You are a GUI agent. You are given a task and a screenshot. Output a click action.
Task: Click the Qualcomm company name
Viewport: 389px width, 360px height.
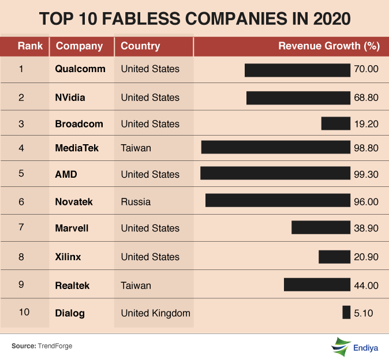point(80,69)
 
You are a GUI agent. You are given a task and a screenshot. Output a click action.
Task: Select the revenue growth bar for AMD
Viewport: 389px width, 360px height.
point(275,174)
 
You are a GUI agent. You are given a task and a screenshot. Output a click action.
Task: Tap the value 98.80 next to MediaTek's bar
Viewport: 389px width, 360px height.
point(365,148)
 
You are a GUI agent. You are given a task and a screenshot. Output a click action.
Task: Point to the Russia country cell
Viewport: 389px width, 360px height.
point(136,202)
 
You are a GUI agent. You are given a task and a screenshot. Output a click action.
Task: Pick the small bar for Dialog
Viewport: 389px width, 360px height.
point(346,313)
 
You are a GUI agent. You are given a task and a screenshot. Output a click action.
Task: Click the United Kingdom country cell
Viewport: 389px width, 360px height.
point(155,313)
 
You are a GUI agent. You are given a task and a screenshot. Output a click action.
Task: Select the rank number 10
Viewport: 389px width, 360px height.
point(24,313)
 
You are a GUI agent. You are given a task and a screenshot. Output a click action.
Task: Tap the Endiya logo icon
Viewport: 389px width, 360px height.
point(341,347)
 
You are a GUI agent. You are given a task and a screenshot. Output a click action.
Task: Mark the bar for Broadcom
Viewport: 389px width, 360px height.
point(336,123)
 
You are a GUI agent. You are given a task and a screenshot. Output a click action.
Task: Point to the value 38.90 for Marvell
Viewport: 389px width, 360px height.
point(365,228)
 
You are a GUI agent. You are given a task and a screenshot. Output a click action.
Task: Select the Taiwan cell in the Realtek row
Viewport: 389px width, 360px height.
point(136,286)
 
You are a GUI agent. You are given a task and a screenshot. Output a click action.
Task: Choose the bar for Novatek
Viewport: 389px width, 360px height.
point(278,200)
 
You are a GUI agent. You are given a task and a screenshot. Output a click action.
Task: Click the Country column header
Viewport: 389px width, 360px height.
point(140,46)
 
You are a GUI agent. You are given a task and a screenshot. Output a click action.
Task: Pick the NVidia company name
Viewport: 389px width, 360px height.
point(70,97)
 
